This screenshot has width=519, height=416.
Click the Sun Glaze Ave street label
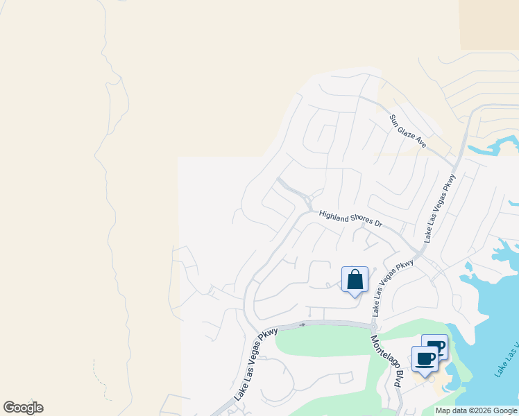coord(407,130)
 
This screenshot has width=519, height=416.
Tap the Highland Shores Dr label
coord(351,219)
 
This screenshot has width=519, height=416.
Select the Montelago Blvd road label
coord(387,361)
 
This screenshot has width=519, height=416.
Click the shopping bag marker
coord(355,280)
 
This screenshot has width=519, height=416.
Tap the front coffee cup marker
coord(425,359)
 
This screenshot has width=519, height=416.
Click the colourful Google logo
coord(23,408)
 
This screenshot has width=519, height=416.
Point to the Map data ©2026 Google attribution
coord(476,410)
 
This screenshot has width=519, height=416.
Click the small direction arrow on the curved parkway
coord(303,324)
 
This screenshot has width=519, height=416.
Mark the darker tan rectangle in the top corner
coord(488,24)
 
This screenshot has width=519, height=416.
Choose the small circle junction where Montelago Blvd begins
coord(373,327)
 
